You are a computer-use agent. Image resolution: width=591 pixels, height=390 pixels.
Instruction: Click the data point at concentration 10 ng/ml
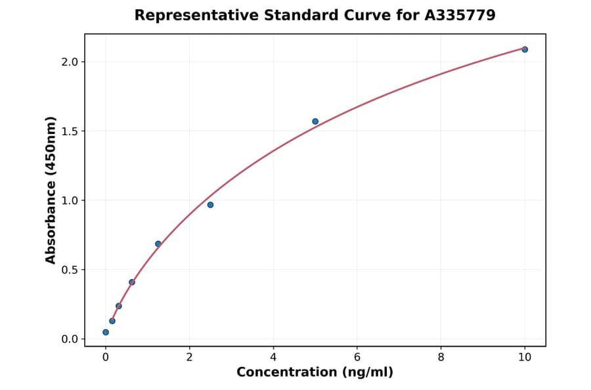(x=525, y=49)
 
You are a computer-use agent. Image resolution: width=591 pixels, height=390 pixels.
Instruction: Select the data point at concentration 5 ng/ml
(x=315, y=121)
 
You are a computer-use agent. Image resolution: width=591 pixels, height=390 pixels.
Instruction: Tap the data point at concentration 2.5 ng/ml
(x=210, y=205)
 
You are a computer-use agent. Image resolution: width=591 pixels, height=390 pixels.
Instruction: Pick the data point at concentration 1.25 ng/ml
(x=158, y=244)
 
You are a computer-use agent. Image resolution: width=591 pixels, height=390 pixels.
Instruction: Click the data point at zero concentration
(x=106, y=332)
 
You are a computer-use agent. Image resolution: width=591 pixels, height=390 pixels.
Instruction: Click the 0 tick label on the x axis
(x=106, y=357)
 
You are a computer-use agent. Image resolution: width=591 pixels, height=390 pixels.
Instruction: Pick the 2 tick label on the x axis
(x=190, y=357)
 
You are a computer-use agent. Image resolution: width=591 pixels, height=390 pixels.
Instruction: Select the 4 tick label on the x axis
(x=273, y=357)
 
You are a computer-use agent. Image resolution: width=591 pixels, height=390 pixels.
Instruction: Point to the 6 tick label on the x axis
(x=357, y=357)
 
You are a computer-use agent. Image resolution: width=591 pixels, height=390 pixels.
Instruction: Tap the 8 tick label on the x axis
(x=441, y=357)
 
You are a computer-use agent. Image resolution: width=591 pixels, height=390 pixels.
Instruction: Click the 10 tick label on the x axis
(x=525, y=357)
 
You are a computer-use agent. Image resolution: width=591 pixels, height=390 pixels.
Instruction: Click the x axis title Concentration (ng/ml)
(x=315, y=373)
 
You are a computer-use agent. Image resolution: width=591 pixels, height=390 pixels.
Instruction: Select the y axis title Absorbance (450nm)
(x=51, y=190)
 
